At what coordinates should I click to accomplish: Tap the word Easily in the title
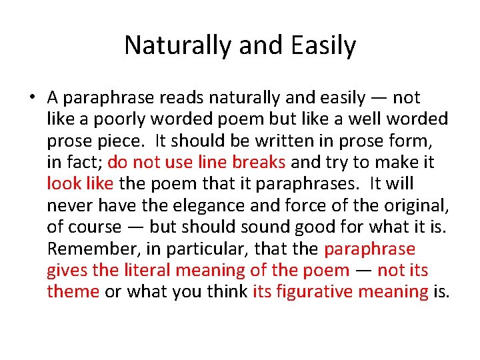click(x=323, y=46)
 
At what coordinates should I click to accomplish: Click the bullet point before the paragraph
click(x=31, y=98)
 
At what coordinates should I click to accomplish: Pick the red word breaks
click(x=260, y=162)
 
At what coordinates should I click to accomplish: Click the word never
click(x=68, y=205)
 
